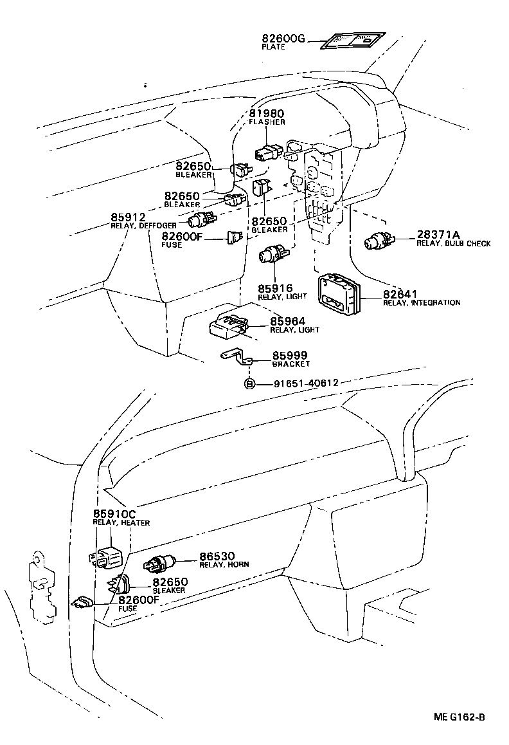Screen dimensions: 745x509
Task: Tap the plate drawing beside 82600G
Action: (352, 41)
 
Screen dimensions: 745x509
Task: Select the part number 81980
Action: (267, 114)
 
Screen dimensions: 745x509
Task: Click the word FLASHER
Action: (267, 122)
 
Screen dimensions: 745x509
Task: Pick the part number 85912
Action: (128, 217)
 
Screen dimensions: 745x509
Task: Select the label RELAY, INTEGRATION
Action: (422, 302)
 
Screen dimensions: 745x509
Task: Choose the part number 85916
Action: (276, 289)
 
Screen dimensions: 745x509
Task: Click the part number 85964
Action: (287, 321)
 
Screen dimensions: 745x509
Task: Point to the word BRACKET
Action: (290, 363)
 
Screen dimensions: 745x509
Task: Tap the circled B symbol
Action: (249, 383)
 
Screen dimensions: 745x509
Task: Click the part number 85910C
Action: (114, 514)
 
